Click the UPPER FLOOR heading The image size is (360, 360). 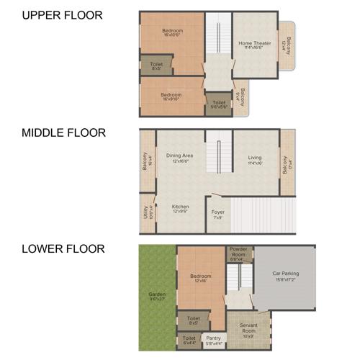62,15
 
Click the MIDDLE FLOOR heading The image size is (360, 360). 63,132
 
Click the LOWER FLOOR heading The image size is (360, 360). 63,249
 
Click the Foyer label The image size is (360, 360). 217,214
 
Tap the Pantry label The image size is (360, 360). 213,340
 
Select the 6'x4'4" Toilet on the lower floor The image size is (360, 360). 189,340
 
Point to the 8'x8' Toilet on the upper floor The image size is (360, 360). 156,66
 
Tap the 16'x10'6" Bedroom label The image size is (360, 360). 172,32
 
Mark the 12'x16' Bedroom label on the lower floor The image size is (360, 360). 201,278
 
